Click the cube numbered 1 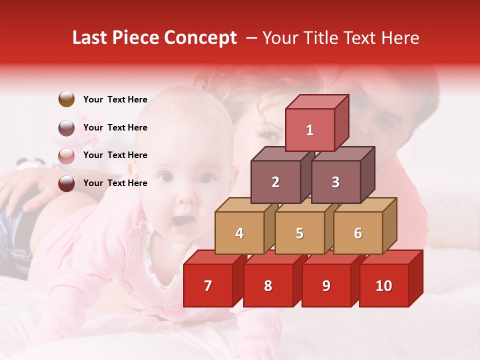(x=310, y=130)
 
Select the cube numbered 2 (x=275, y=182)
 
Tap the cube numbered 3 (x=336, y=182)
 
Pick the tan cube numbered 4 (x=239, y=233)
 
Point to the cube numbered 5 (x=299, y=233)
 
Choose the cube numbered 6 (x=358, y=233)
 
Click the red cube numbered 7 (x=208, y=285)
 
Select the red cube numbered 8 (x=268, y=285)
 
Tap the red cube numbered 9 (x=326, y=285)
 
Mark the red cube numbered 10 (x=384, y=285)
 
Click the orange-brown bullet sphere (x=66, y=99)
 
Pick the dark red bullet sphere (x=66, y=183)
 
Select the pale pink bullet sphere (x=66, y=155)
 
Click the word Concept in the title (x=200, y=38)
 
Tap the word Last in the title (x=90, y=38)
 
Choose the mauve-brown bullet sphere (x=66, y=127)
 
